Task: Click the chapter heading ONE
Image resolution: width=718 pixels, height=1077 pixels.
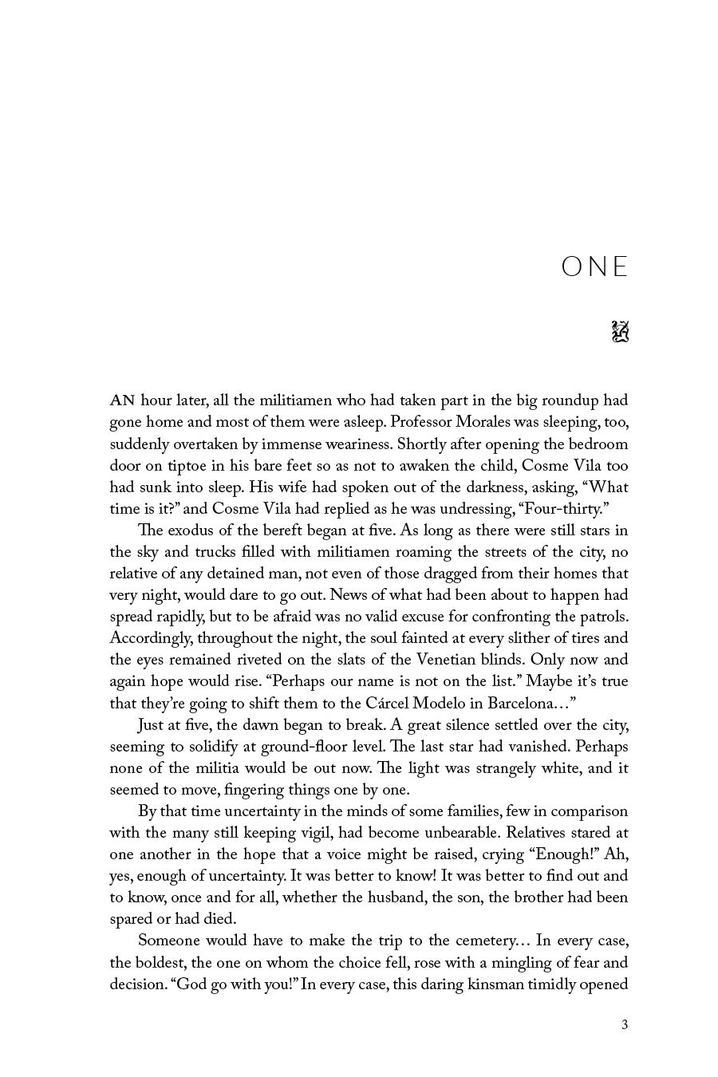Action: tap(594, 267)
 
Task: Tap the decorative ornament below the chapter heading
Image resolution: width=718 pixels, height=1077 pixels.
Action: tap(620, 331)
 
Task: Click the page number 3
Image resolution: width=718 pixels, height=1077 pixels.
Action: tap(625, 1025)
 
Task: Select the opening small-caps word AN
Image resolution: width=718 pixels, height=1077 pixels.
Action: tap(122, 401)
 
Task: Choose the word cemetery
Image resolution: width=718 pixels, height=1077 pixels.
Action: tap(460, 941)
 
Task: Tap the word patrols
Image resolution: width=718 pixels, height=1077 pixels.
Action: tap(602, 617)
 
